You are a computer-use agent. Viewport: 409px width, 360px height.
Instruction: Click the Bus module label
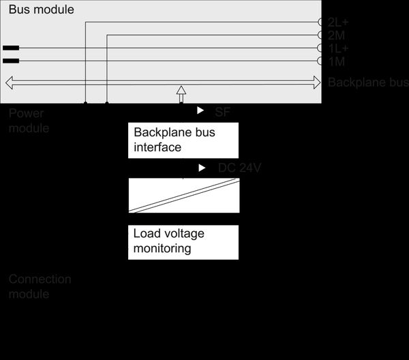point(41,10)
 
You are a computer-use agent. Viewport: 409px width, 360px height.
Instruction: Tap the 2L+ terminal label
point(338,22)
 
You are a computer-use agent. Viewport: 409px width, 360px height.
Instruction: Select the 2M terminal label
point(335,35)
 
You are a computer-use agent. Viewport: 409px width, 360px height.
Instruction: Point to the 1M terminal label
point(335,62)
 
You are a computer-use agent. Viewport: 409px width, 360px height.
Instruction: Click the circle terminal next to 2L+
point(321,22)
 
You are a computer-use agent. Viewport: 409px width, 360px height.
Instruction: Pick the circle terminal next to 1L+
point(321,48)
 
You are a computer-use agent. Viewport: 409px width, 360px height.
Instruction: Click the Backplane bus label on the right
point(367,82)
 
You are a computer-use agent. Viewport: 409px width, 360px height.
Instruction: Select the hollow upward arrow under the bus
point(181,93)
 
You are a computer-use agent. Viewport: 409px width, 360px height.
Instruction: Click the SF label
point(223,111)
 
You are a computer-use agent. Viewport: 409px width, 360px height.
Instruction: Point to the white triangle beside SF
point(200,110)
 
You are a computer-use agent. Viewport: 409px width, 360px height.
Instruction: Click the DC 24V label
point(239,168)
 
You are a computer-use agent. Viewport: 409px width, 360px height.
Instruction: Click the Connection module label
point(40,286)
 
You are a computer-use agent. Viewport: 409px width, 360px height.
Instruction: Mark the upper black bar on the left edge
point(11,48)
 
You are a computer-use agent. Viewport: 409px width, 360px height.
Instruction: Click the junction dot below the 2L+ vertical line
point(85,104)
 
